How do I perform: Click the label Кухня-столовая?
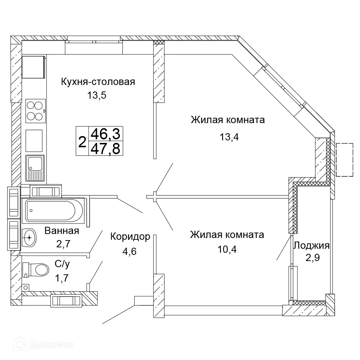point(98,82)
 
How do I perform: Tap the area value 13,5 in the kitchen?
point(97,95)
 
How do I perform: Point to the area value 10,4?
point(227,249)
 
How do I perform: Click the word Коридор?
point(130,237)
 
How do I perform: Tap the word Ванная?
point(62,231)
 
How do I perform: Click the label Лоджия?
point(311,246)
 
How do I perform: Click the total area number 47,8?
point(105,148)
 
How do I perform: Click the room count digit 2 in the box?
point(82,141)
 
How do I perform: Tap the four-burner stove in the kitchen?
point(36,110)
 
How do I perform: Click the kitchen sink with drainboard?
point(35,168)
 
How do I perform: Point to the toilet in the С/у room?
point(36,269)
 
